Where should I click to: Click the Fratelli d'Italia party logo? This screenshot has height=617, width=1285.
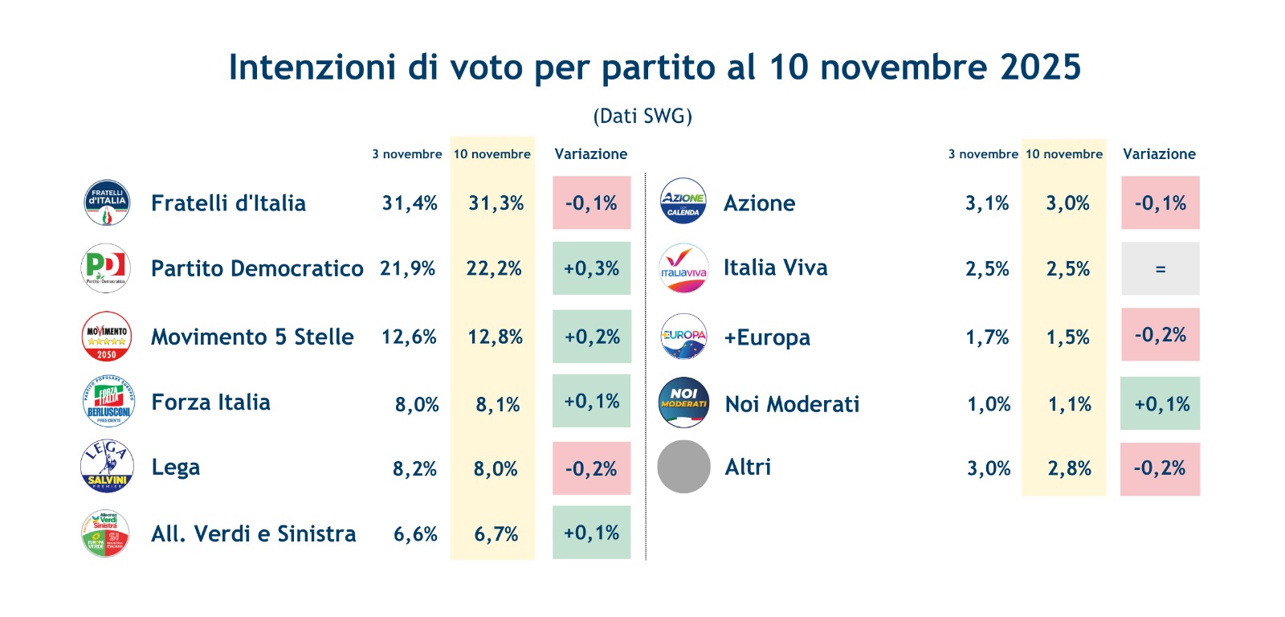pos(107,202)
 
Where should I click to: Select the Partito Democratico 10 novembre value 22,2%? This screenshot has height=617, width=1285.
pos(494,268)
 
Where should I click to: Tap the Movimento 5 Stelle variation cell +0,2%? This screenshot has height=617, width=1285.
pos(592,337)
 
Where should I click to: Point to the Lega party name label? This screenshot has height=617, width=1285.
pos(176,468)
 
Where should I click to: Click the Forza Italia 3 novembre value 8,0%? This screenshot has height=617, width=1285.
pos(417,404)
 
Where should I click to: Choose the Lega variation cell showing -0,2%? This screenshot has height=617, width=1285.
pos(591,468)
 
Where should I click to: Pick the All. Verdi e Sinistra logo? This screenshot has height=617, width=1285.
pos(106,533)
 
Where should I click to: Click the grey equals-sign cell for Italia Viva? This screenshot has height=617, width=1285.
pos(1160,269)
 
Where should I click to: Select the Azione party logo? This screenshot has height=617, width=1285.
pos(683,202)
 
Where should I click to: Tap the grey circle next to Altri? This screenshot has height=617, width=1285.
pos(683,467)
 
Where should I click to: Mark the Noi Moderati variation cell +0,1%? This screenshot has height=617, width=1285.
pos(1161,404)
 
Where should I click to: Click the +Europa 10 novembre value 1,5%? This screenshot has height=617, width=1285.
pos(1067,337)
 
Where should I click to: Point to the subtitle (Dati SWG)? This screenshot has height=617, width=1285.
pos(642,116)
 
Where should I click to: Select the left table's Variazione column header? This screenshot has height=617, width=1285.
pos(591,154)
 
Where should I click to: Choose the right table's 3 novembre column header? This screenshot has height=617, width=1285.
pos(983,154)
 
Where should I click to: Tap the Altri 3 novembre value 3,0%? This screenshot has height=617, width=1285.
pos(989,468)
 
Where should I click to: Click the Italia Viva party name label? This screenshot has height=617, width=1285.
pos(775,268)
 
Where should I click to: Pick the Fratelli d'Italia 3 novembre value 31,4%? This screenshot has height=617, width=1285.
pos(410,203)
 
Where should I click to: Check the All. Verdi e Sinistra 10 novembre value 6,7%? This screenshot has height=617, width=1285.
pos(496,534)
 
